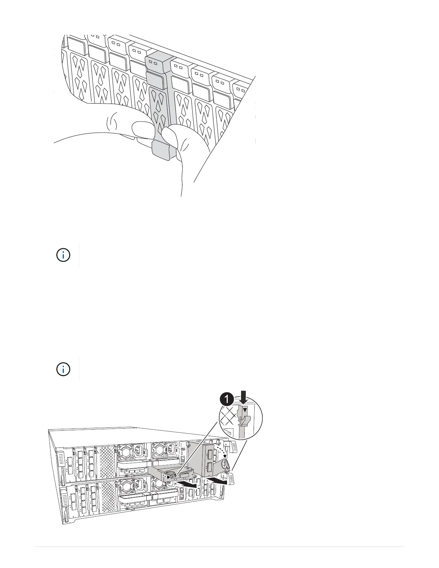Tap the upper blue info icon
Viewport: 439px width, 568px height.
coord(63,255)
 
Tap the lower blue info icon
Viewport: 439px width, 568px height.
coord(63,369)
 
